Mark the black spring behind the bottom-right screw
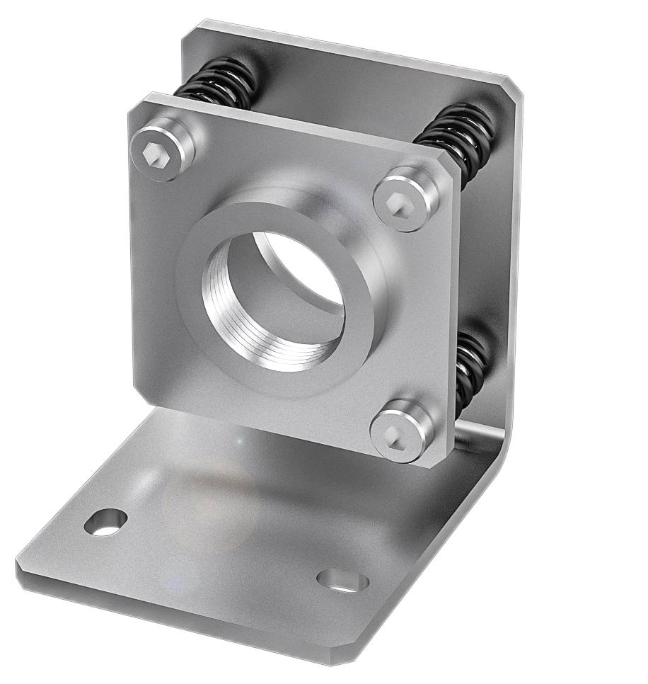[470, 368]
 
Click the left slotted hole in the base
[105, 522]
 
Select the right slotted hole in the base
[342, 580]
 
